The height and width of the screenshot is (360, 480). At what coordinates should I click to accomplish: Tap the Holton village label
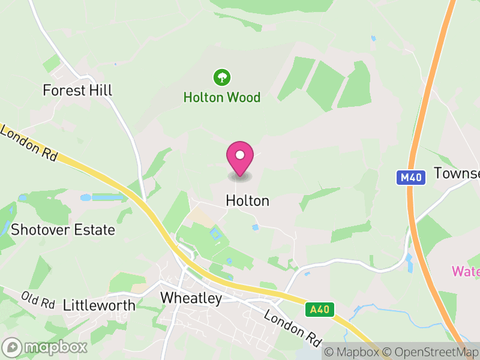click(x=247, y=201)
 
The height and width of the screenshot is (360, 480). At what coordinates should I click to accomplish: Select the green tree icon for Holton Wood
click(x=222, y=77)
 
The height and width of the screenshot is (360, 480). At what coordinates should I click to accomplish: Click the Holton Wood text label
click(x=222, y=97)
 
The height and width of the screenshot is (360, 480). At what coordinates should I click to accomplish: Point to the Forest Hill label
click(x=77, y=91)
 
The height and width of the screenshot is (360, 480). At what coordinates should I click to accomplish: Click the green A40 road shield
click(x=319, y=310)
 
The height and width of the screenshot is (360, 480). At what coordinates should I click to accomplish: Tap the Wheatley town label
click(x=191, y=298)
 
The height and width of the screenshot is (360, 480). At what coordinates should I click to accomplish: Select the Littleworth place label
click(x=99, y=305)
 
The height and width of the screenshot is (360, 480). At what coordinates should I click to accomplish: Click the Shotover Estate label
click(x=63, y=230)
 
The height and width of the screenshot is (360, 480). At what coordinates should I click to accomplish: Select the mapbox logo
click(x=45, y=347)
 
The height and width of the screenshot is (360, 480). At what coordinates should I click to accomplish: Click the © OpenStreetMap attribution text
click(x=431, y=352)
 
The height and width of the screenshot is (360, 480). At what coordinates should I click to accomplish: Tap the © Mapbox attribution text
click(x=352, y=352)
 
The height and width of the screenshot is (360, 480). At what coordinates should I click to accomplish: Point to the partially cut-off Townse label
click(x=457, y=173)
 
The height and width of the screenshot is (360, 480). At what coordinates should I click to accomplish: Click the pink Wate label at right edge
click(x=466, y=271)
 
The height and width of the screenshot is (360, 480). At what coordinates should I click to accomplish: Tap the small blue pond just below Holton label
click(x=256, y=227)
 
